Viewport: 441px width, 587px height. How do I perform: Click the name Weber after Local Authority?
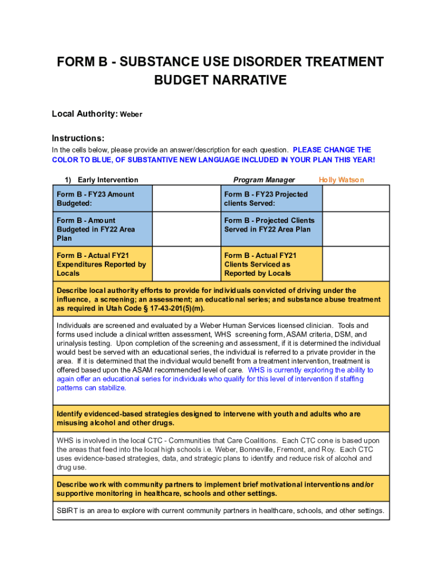point(131,115)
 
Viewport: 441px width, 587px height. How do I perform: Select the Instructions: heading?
point(78,138)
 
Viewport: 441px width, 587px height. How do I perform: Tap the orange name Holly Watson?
point(341,180)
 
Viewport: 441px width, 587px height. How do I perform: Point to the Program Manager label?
point(264,180)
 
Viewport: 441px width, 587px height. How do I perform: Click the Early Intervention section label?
point(108,180)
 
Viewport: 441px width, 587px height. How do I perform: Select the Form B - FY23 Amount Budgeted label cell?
point(103,198)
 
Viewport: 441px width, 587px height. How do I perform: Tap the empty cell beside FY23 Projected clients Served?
point(356,198)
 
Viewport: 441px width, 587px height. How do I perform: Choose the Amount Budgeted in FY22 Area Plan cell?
point(103,229)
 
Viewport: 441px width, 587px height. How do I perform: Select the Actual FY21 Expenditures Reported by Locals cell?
point(103,264)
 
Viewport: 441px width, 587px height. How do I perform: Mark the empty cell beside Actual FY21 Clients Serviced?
point(356,264)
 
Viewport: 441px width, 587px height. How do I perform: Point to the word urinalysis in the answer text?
point(74,343)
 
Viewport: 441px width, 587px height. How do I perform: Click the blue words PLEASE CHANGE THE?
point(332,150)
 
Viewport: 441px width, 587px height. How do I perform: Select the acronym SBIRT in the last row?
point(68,511)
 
